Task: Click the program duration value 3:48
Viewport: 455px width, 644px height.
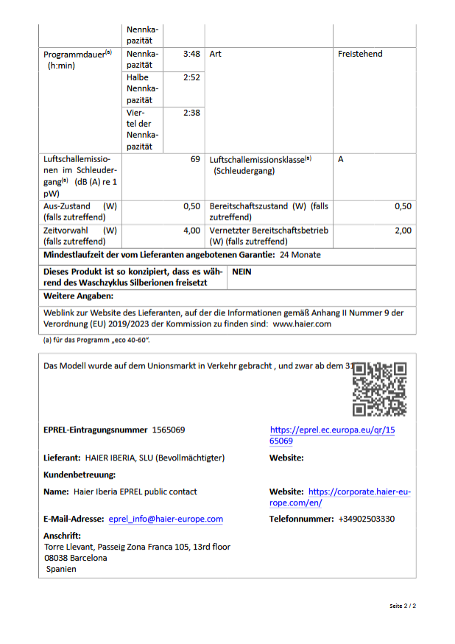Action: [x=191, y=54]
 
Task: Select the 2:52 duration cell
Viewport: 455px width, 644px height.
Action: [x=191, y=77]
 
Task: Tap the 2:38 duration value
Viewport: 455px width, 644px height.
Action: [x=191, y=113]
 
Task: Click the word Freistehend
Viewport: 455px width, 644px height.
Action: [x=360, y=54]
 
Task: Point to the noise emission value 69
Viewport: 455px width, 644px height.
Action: [x=195, y=159]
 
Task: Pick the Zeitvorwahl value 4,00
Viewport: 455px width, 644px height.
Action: [x=191, y=231]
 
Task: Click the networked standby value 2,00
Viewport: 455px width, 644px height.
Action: [x=403, y=231]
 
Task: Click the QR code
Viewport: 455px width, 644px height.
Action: [x=379, y=390]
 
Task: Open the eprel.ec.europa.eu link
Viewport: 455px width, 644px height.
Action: [x=332, y=435]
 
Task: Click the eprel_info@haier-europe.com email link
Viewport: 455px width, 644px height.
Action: [x=166, y=519]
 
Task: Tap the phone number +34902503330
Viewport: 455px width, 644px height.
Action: [x=366, y=519]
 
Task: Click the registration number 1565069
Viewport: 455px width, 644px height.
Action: [x=169, y=430]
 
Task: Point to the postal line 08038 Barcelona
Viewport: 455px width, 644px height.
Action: [x=75, y=558]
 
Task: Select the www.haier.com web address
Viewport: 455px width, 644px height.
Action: [x=302, y=323]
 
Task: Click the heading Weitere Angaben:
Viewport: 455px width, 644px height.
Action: [x=78, y=295]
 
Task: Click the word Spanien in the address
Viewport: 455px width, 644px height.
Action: [x=61, y=569]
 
